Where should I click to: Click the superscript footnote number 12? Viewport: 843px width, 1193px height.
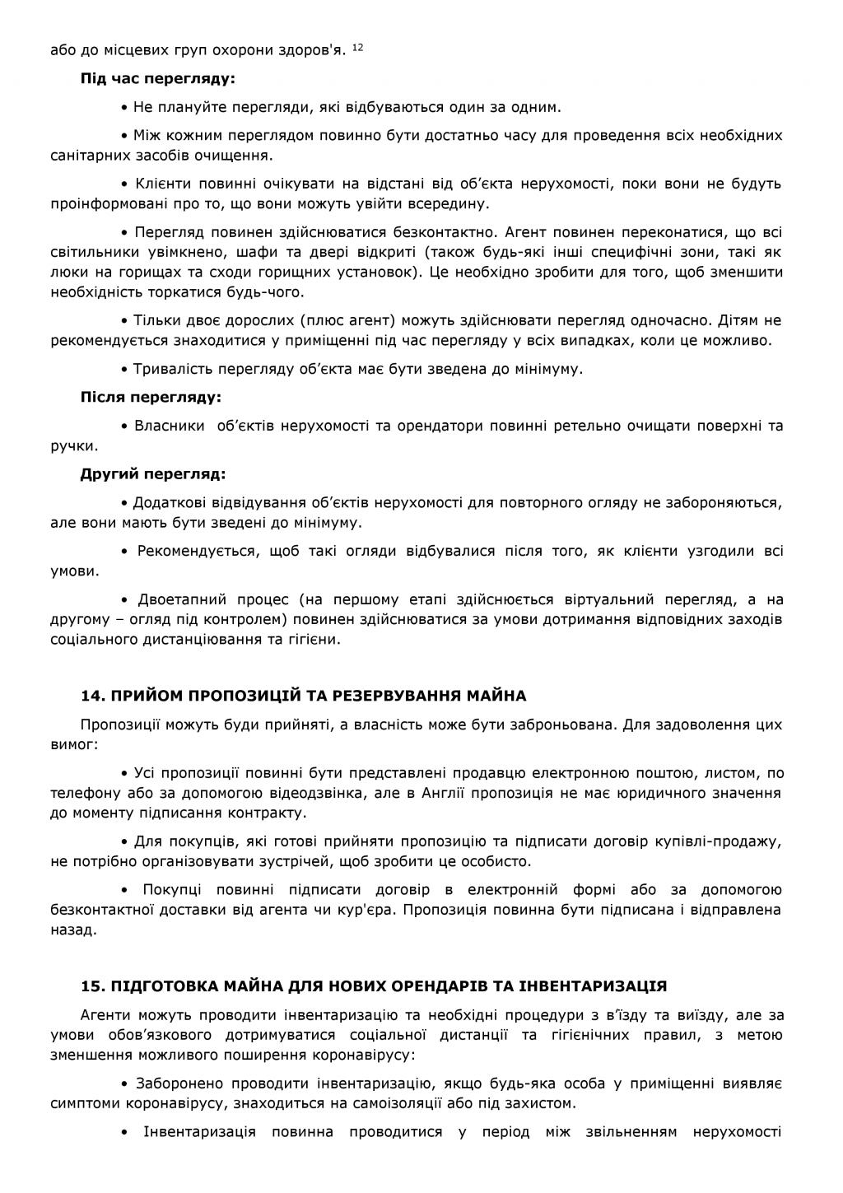click(357, 49)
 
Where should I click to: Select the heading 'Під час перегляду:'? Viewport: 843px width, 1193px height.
click(157, 80)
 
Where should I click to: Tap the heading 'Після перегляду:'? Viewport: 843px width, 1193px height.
click(151, 398)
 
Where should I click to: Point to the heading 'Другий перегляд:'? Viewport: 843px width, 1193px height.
click(153, 474)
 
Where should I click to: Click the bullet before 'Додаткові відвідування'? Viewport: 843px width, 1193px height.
click(124, 503)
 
